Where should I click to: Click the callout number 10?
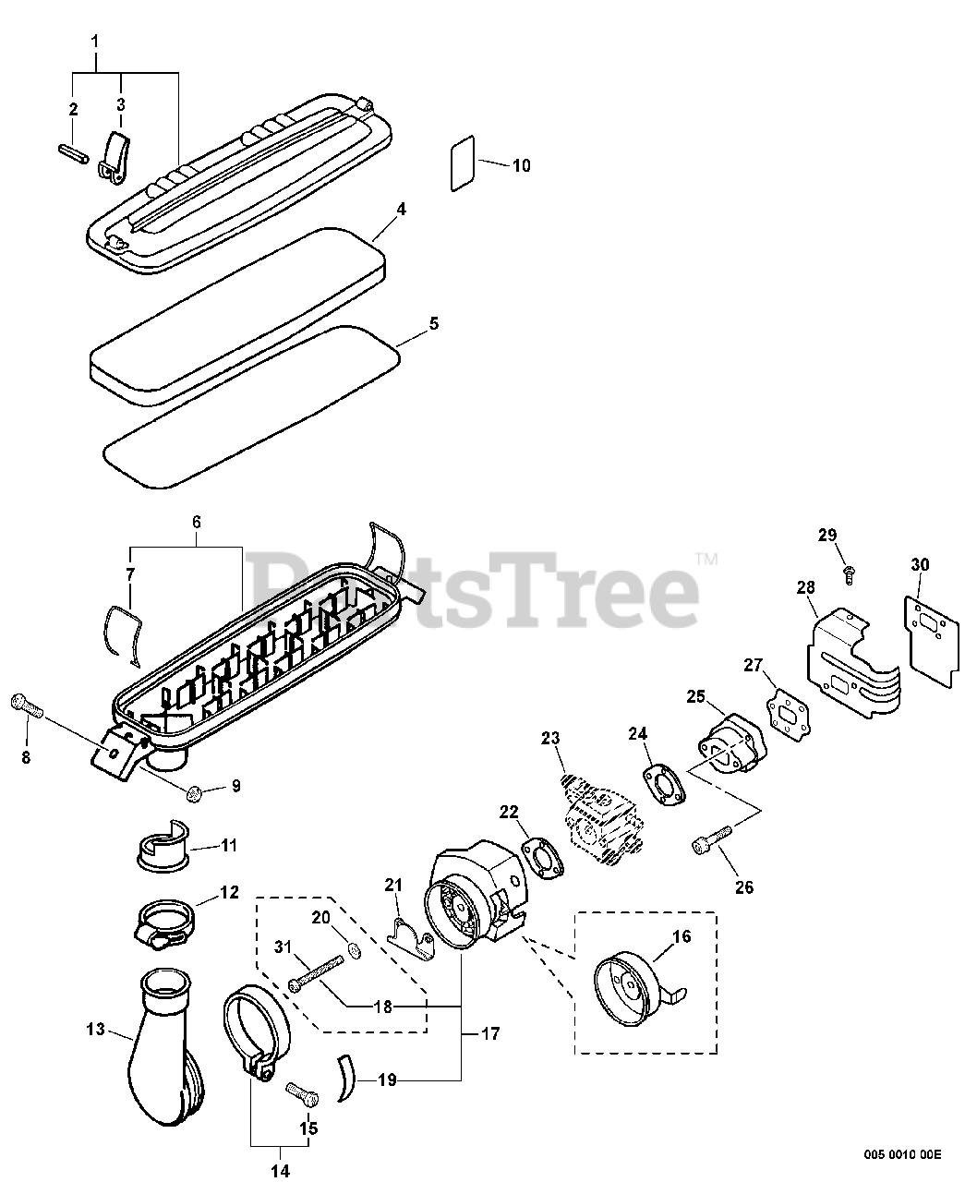coord(522,166)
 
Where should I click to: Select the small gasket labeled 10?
coord(463,164)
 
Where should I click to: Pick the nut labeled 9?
coord(195,790)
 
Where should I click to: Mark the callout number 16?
coord(681,936)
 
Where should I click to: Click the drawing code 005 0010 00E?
coord(902,1153)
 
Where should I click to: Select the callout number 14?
coord(280,1171)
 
